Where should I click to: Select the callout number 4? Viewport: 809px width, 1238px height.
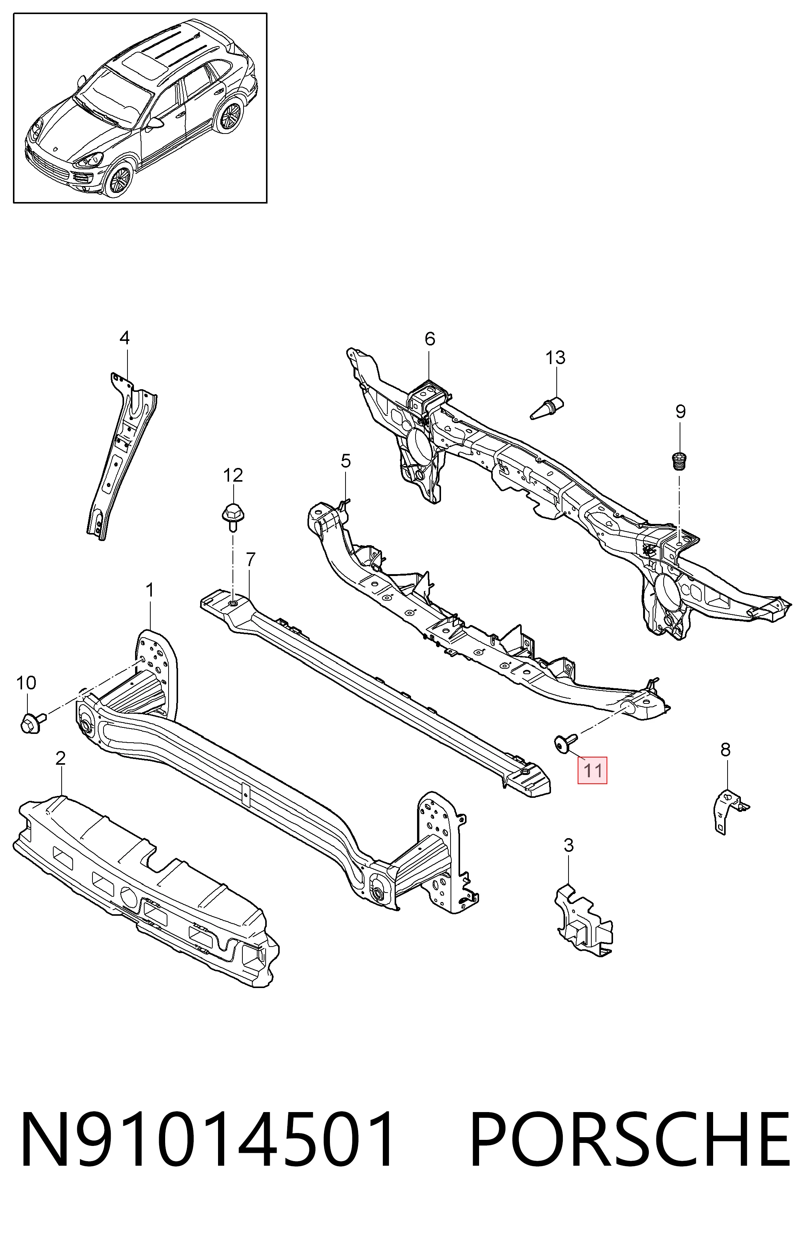click(x=124, y=338)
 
